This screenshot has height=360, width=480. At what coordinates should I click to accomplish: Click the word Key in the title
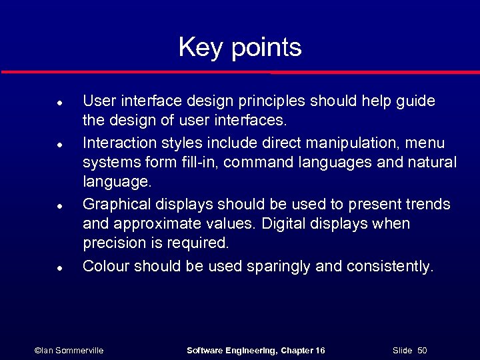coord(200,48)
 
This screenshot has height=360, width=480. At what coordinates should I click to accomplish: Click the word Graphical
coord(117,204)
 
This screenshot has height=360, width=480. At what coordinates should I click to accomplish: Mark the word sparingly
coord(279,267)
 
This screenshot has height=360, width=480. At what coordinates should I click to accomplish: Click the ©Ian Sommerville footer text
coord(69,350)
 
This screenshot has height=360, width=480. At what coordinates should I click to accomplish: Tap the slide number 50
coord(422,350)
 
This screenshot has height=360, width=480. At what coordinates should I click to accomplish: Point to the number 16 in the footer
coord(319,350)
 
